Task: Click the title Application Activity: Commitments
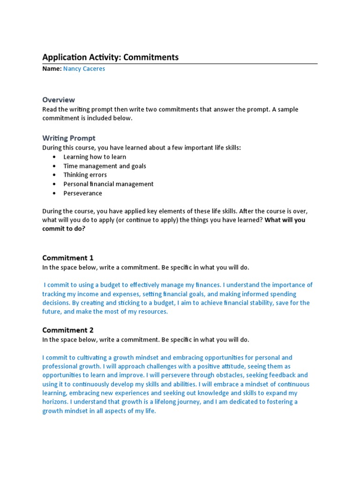[110, 57]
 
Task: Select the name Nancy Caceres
[84, 68]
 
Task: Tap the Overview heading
[59, 99]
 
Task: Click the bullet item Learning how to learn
[95, 157]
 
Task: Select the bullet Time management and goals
[105, 166]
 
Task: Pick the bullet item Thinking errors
[85, 175]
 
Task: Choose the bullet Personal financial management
[108, 184]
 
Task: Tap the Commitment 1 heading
[68, 258]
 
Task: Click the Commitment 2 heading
[68, 330]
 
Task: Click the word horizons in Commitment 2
[56, 402]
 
